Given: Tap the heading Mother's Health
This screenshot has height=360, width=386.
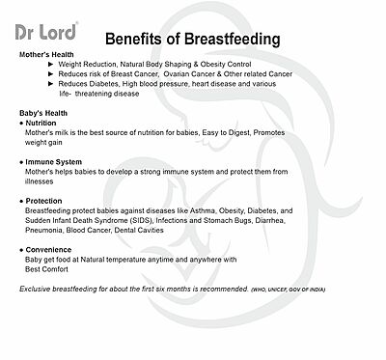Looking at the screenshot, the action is [51, 56].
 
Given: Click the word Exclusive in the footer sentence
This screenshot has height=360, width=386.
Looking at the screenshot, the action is [38, 289].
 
